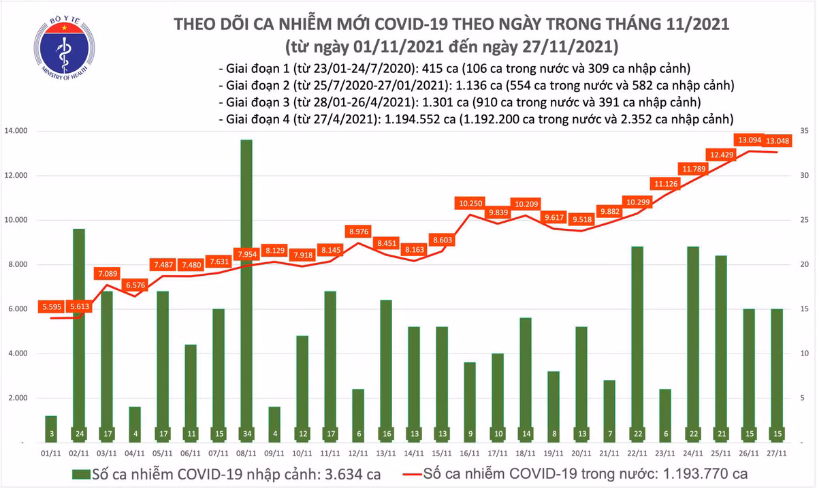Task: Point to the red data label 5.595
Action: (50, 307)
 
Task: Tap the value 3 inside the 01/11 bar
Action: (50, 434)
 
